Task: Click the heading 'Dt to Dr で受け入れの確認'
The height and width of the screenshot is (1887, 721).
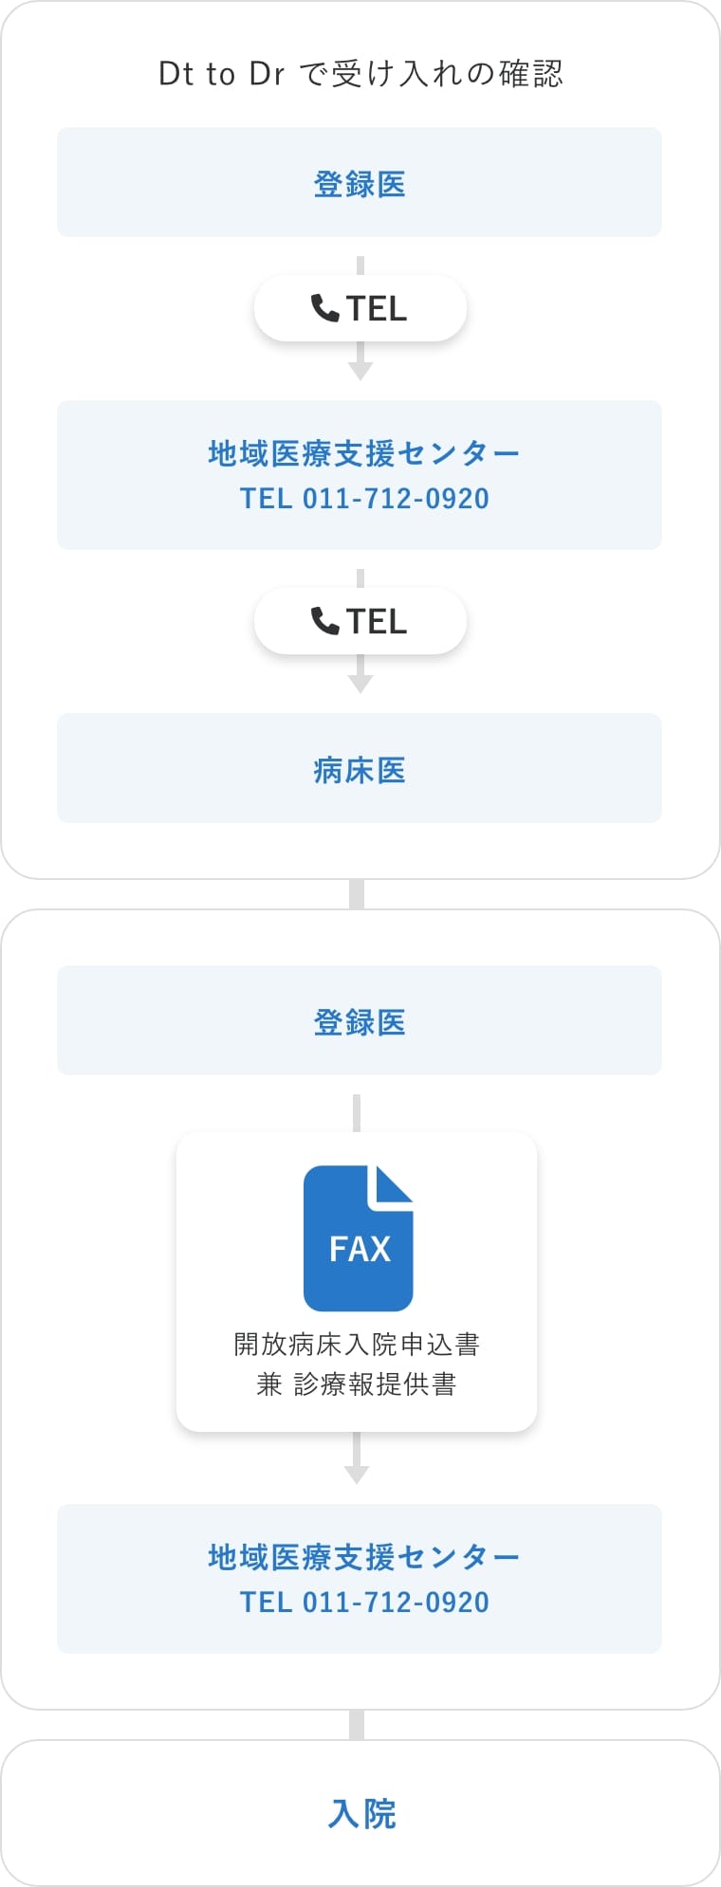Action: coord(360,73)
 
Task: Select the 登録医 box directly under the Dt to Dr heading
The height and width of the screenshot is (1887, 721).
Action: coord(360,182)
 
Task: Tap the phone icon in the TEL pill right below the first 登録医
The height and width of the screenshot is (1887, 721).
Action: coord(324,308)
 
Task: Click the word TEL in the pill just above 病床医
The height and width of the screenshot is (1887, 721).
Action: coord(377,621)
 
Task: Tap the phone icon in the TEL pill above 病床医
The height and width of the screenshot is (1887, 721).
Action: coord(324,621)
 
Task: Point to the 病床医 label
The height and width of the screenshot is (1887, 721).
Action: coord(360,770)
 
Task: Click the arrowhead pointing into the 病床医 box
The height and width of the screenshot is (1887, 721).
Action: coord(360,685)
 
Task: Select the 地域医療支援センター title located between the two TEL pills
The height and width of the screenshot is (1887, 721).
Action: coord(364,453)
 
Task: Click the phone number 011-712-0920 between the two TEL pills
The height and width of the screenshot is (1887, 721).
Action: coord(396,499)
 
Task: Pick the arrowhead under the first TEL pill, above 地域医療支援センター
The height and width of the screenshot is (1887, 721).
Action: coord(360,372)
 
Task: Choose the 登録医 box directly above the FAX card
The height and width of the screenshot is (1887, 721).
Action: coord(360,1020)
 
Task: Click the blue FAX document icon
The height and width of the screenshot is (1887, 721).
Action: coord(359,1238)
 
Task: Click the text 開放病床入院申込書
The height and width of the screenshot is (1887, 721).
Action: coord(357,1344)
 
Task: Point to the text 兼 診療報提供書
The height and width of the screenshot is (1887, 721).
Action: coord(357,1384)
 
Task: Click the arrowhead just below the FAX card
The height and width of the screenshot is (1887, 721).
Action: coord(357,1475)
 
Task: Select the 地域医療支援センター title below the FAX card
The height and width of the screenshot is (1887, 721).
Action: coord(364,1557)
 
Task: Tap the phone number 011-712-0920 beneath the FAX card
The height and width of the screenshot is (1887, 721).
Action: coord(396,1603)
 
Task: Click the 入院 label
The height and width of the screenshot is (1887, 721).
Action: coord(361,1814)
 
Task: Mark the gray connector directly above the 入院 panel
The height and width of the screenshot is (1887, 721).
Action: coord(357,1725)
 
